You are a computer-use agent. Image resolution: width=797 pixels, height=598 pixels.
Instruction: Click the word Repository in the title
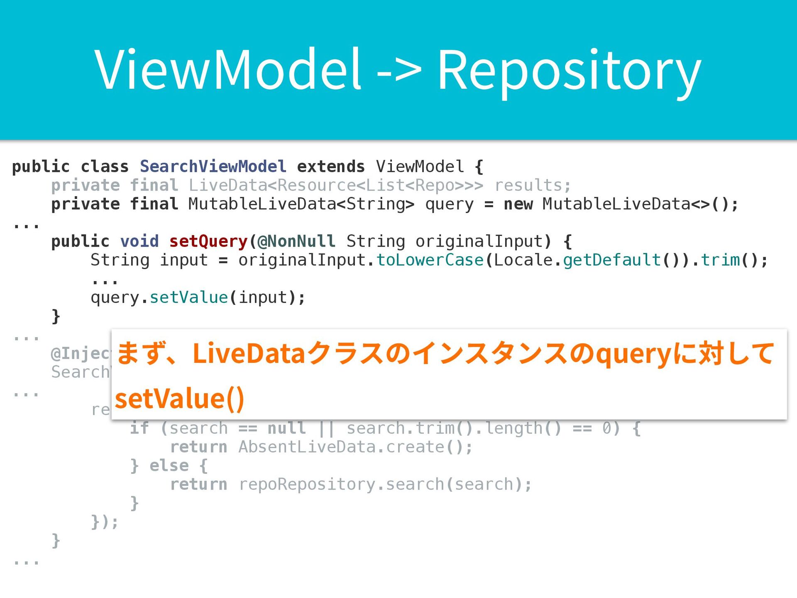pyautogui.click(x=569, y=71)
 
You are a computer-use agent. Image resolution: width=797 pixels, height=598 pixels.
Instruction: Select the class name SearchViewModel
pyautogui.click(x=213, y=167)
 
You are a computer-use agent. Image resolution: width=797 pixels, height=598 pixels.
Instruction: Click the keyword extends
pyautogui.click(x=331, y=167)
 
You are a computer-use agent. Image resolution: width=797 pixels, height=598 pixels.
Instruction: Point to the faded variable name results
pyautogui.click(x=533, y=185)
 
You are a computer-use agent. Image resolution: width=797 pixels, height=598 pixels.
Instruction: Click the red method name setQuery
pyautogui.click(x=208, y=241)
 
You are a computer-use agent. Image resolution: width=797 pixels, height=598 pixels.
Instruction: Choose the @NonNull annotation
pyautogui.click(x=296, y=241)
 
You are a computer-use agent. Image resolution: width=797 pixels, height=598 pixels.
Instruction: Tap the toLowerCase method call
pyautogui.click(x=430, y=260)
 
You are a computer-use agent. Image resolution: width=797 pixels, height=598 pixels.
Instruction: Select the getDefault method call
pyautogui.click(x=611, y=260)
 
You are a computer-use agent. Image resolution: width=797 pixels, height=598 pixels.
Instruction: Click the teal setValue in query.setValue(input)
pyautogui.click(x=189, y=297)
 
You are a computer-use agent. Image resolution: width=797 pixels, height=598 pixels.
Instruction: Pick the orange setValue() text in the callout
pyautogui.click(x=179, y=399)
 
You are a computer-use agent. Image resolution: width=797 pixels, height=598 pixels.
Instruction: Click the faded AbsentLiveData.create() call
pyautogui.click(x=355, y=447)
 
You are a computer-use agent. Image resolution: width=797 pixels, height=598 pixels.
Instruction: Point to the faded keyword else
pyautogui.click(x=169, y=466)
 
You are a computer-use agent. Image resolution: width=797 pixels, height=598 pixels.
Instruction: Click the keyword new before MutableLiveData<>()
pyautogui.click(x=518, y=204)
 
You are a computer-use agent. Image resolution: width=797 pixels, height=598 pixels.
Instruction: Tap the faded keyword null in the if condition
pyautogui.click(x=287, y=428)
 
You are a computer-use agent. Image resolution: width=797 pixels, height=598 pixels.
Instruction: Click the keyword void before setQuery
pyautogui.click(x=139, y=241)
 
